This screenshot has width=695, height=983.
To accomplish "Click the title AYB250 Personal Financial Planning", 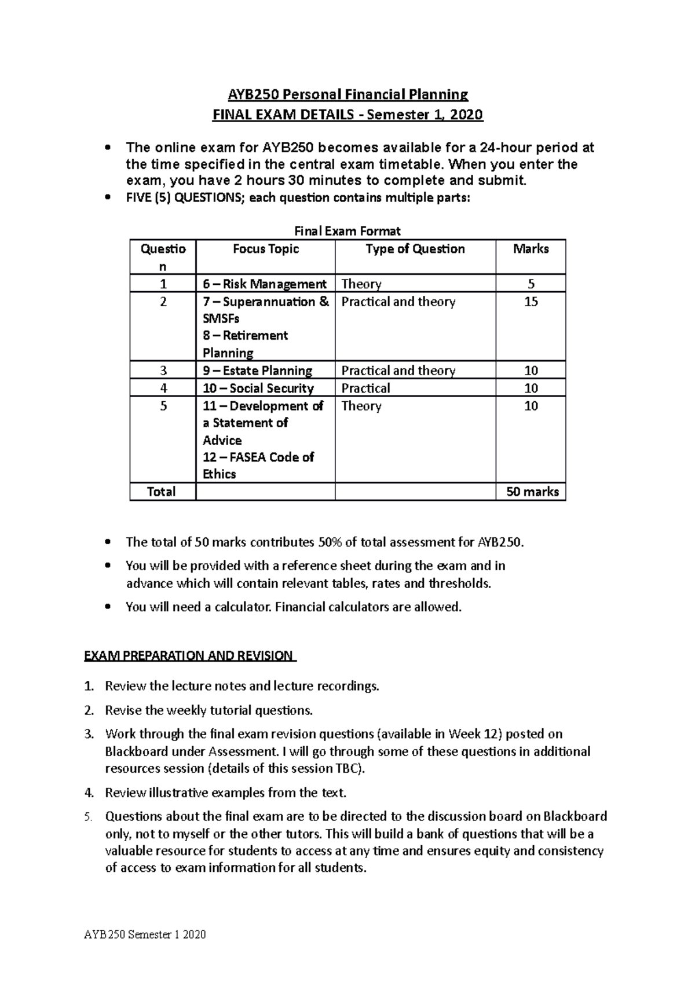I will (x=347, y=94).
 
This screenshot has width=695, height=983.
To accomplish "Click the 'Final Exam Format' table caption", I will (x=348, y=231).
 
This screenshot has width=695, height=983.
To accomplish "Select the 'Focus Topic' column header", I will (x=265, y=249).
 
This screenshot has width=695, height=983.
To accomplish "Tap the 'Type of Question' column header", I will (x=415, y=249).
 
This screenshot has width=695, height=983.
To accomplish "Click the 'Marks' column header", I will (x=531, y=249).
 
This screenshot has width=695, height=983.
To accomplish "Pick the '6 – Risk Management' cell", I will (x=264, y=284).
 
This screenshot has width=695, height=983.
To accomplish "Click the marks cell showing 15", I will (x=531, y=302).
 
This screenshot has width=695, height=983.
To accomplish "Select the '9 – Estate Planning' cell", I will (x=257, y=371).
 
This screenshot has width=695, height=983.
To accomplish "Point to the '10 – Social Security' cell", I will (x=258, y=388).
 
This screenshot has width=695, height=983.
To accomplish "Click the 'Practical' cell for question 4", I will (x=365, y=388).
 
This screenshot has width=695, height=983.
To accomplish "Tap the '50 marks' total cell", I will (x=532, y=491).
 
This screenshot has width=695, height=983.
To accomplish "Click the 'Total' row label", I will (x=162, y=491).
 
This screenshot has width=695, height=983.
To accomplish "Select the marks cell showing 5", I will (x=531, y=284).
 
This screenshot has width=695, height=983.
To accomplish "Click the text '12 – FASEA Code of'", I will (x=258, y=457).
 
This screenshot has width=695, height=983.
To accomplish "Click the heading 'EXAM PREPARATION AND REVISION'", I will (x=189, y=655).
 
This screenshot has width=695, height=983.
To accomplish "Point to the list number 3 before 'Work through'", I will (x=88, y=734).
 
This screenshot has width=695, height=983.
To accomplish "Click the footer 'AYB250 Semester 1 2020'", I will (x=145, y=934).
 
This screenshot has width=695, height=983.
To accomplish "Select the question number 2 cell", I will (x=163, y=302).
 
